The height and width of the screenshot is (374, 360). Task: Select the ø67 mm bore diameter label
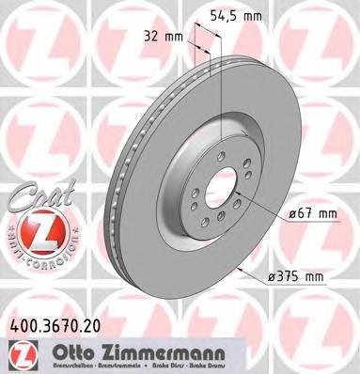click(x=312, y=214)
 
